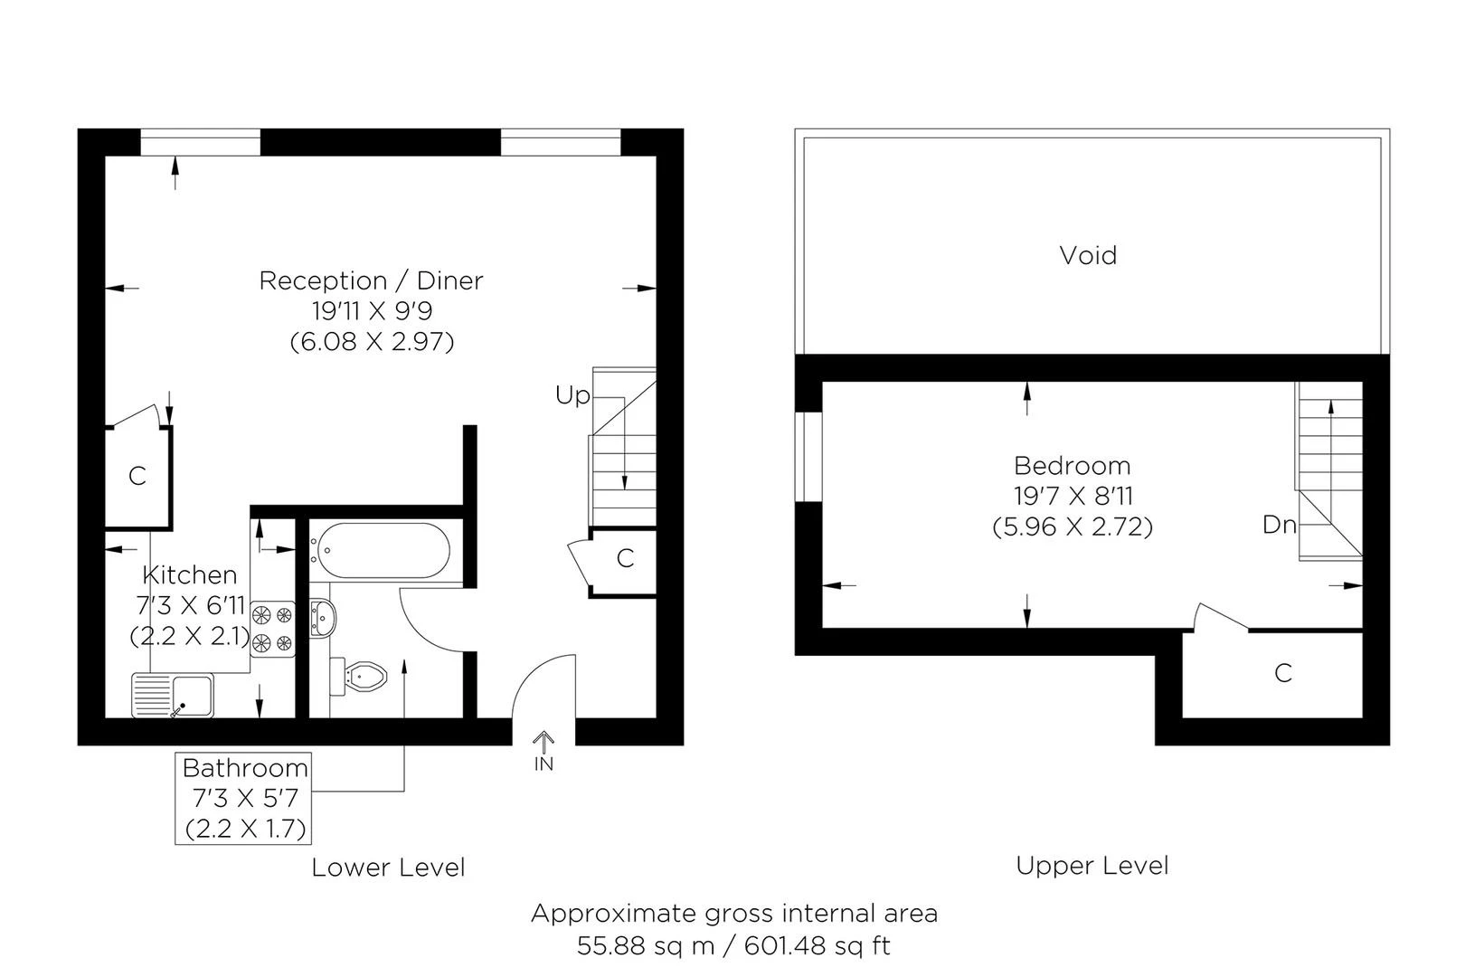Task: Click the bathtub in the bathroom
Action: pos(381,551)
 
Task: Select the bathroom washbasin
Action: pos(323,618)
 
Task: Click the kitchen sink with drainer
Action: pos(173,695)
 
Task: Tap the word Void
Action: pos(1088,255)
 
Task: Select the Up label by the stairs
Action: pos(572,395)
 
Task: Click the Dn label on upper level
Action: pos(1279,525)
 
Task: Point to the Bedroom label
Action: pos(1072,466)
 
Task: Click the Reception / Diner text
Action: pos(371,280)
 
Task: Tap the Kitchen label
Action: pos(190,574)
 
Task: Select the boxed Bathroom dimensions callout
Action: pos(244,798)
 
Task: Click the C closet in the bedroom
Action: pos(1282,673)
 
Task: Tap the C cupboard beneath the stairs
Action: pos(625,559)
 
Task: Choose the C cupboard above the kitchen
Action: pos(137,476)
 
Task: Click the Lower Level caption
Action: pos(388,868)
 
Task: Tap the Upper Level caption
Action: pos(1092,866)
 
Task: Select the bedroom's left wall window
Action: pos(809,457)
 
